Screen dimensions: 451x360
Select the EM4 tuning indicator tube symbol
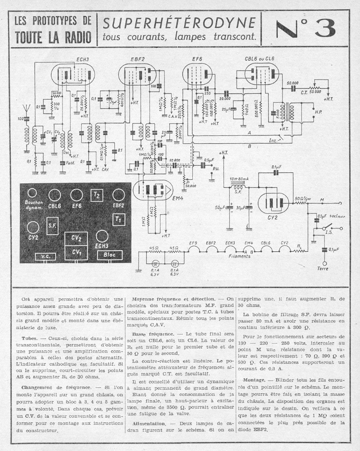pyautogui.click(x=152, y=190)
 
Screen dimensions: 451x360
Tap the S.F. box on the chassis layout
pyautogui.click(x=53, y=225)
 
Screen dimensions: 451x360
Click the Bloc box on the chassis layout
pyautogui.click(x=110, y=255)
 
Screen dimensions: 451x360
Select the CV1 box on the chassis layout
pyautogui.click(x=76, y=252)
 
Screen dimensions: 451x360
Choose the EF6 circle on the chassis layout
pyautogui.click(x=76, y=195)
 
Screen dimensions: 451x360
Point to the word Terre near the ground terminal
pyautogui.click(x=323, y=269)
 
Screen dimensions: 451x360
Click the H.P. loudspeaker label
pyautogui.click(x=318, y=112)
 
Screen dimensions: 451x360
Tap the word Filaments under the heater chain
pyautogui.click(x=239, y=256)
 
